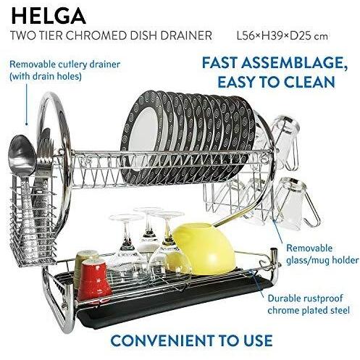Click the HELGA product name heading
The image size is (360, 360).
pos(49,16)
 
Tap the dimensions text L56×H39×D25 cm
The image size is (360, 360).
pos(282,36)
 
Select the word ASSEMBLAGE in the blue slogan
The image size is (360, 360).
pos(294,62)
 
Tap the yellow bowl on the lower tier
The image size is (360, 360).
pos(204,248)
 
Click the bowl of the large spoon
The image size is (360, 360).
pos(22,154)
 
